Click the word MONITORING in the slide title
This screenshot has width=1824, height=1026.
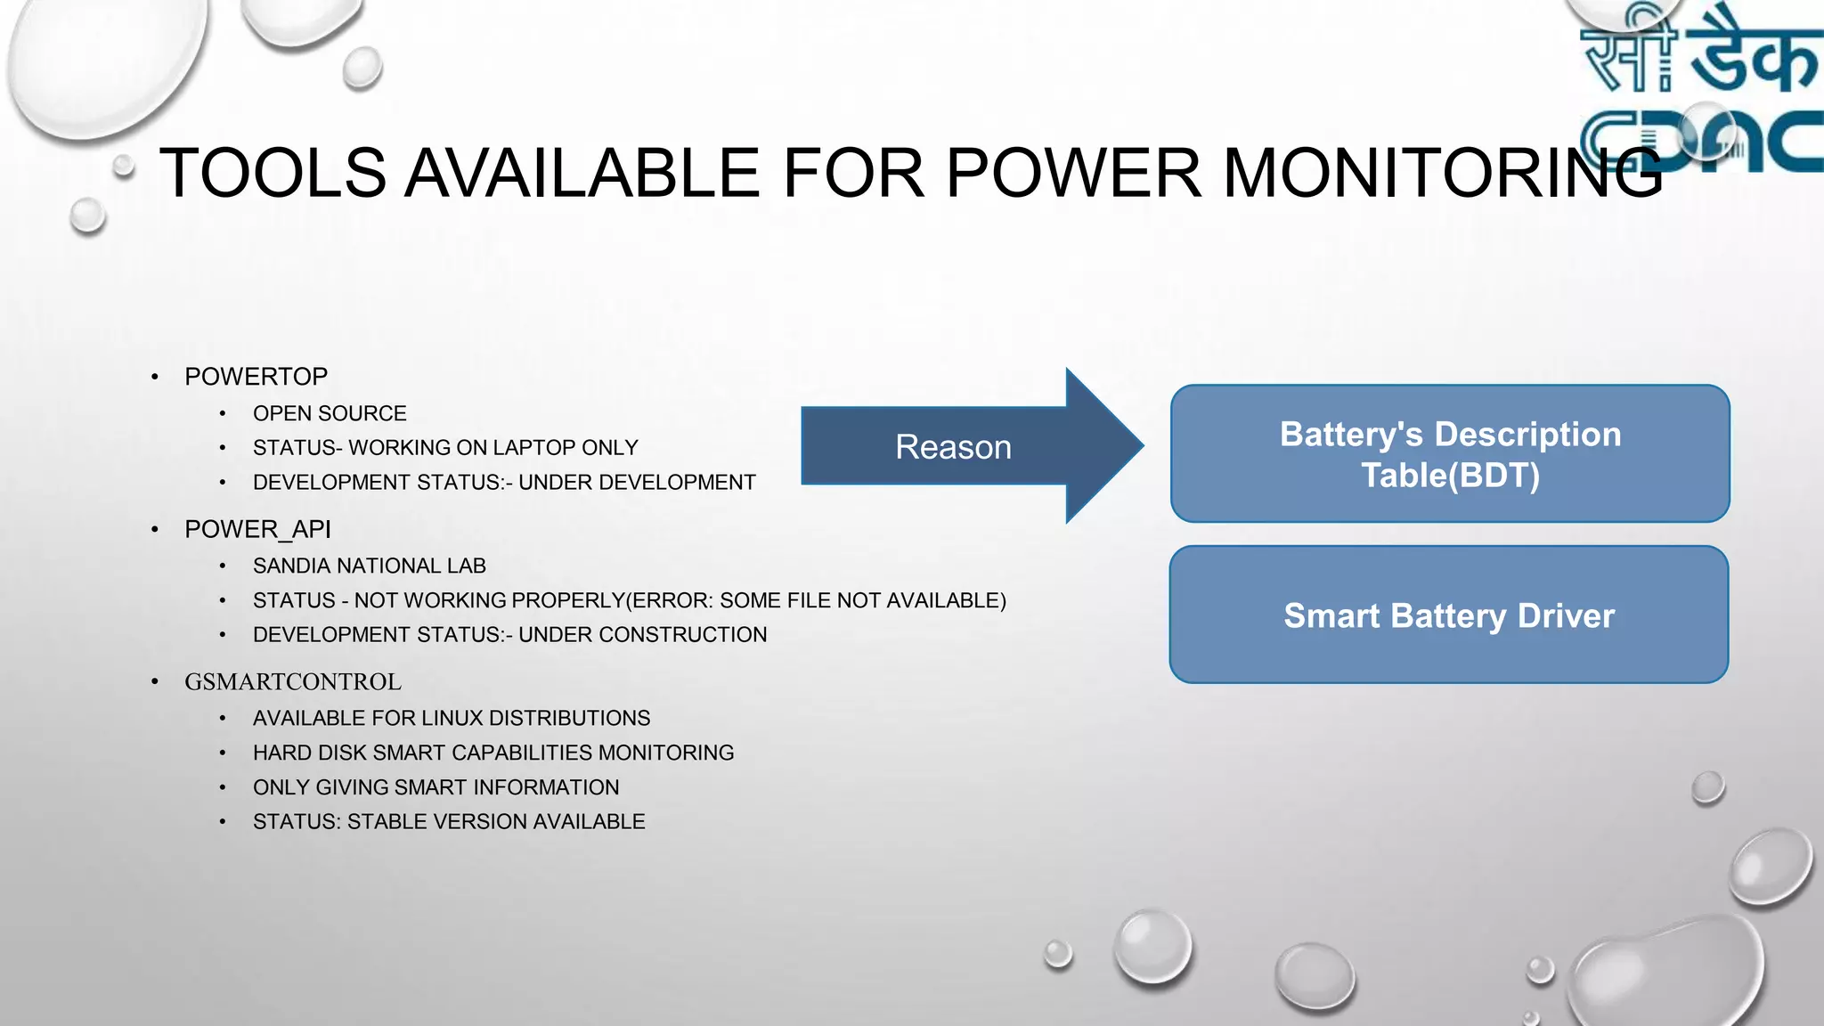[x=1443, y=173]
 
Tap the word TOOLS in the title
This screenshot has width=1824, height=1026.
[x=273, y=173]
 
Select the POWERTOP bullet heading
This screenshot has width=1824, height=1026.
[x=256, y=377]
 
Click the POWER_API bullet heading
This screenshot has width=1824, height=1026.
[x=257, y=529]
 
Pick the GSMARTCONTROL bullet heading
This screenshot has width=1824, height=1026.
[x=292, y=682]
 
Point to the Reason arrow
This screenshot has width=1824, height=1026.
[x=954, y=446]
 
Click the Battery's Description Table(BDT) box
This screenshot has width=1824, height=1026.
[x=1450, y=454]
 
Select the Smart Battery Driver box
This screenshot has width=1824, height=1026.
[x=1449, y=615]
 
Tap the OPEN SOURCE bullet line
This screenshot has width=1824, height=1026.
[x=330, y=413]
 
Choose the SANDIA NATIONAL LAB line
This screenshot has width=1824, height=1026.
[x=369, y=566]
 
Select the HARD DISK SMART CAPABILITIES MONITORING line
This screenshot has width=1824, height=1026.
[x=493, y=753]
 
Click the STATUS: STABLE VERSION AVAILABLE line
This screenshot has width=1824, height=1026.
[x=449, y=822]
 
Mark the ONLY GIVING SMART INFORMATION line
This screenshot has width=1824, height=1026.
[x=436, y=788]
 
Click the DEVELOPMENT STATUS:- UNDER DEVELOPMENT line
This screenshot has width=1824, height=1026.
[x=504, y=483]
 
